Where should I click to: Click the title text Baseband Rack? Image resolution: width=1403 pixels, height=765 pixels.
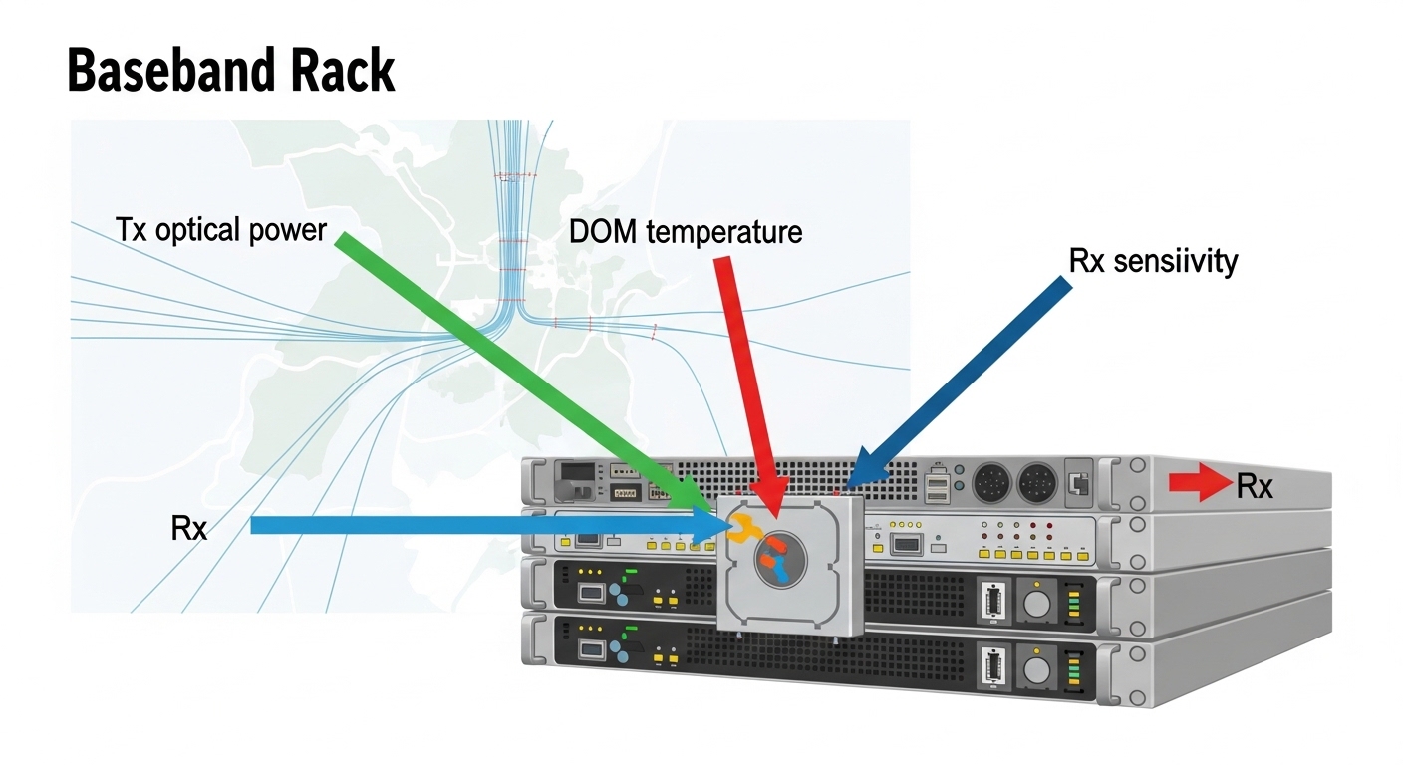(x=231, y=72)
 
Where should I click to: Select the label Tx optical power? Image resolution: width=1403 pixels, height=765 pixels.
(x=221, y=230)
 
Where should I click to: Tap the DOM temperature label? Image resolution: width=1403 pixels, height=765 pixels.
(x=686, y=232)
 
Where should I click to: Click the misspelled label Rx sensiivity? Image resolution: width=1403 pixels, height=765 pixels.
(x=1153, y=261)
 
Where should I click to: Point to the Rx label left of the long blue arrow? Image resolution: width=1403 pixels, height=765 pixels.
(x=189, y=527)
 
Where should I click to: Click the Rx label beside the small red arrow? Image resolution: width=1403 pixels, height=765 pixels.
(x=1255, y=486)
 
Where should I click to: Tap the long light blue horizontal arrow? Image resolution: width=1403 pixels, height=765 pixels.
(x=478, y=525)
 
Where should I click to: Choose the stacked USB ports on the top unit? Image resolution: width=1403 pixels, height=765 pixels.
(x=938, y=485)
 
